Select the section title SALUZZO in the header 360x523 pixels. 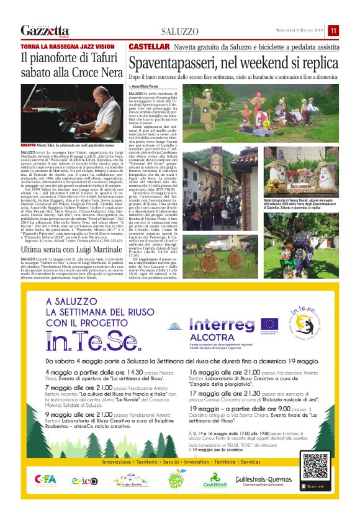click(180, 31)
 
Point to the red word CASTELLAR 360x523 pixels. click(149, 47)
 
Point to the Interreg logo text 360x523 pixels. click(220, 324)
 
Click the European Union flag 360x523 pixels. click(269, 324)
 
